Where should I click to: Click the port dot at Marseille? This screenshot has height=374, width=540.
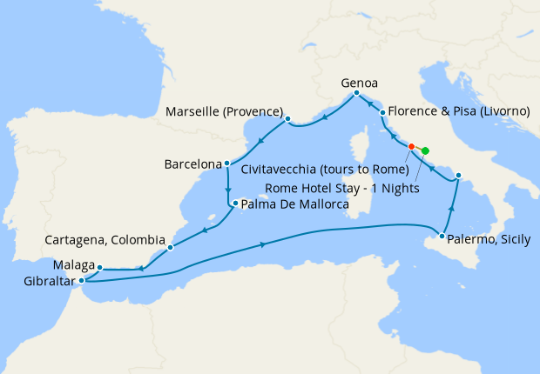(287, 119)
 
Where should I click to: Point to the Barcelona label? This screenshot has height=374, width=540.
(192, 164)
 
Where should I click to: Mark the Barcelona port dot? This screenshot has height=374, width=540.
(226, 163)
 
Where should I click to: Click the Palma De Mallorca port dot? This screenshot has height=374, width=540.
(233, 204)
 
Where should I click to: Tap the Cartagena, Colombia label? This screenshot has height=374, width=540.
(105, 239)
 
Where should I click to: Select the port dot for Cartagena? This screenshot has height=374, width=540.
(170, 247)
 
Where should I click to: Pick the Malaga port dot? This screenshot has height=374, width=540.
(100, 268)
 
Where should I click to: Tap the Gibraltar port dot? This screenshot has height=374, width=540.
(81, 280)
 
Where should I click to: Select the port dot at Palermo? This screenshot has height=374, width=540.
(443, 237)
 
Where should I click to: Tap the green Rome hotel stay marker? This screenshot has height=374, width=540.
(425, 150)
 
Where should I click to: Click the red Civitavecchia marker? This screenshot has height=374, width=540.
(411, 146)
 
